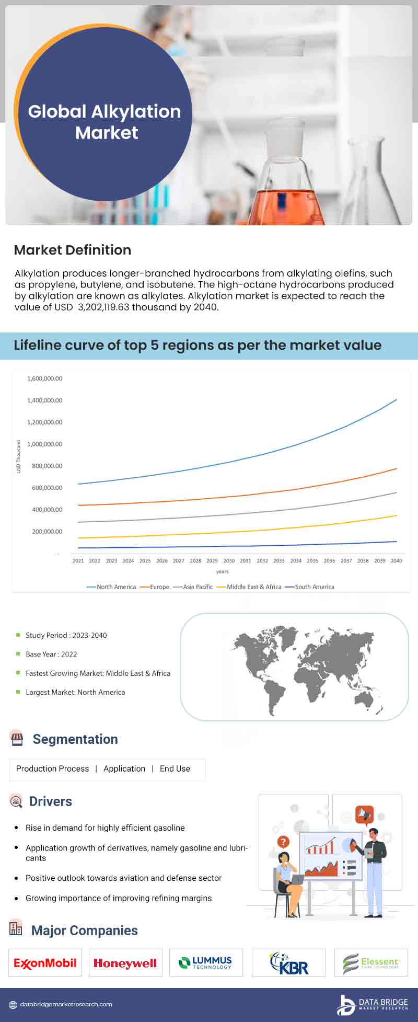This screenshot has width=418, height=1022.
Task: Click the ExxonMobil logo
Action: point(45,963)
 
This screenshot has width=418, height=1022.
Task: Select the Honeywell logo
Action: point(125,963)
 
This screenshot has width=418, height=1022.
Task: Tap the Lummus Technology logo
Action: point(206,963)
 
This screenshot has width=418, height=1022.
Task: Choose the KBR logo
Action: point(289,963)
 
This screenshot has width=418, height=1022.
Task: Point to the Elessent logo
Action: point(371,963)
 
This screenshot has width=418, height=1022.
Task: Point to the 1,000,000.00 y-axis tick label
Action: point(44,444)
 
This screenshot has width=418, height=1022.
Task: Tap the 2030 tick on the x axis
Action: point(229,561)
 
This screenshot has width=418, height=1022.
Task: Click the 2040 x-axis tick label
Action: point(397,561)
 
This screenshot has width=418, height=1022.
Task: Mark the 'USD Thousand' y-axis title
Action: point(19,457)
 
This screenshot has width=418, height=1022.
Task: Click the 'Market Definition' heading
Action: point(73,250)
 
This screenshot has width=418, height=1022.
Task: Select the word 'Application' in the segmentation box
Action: point(124,768)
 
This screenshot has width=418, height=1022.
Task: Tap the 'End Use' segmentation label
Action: point(175,768)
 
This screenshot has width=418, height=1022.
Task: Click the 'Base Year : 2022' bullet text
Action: point(51,654)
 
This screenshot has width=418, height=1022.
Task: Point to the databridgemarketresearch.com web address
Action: point(66,1004)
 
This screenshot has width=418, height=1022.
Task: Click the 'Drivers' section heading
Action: point(51,801)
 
